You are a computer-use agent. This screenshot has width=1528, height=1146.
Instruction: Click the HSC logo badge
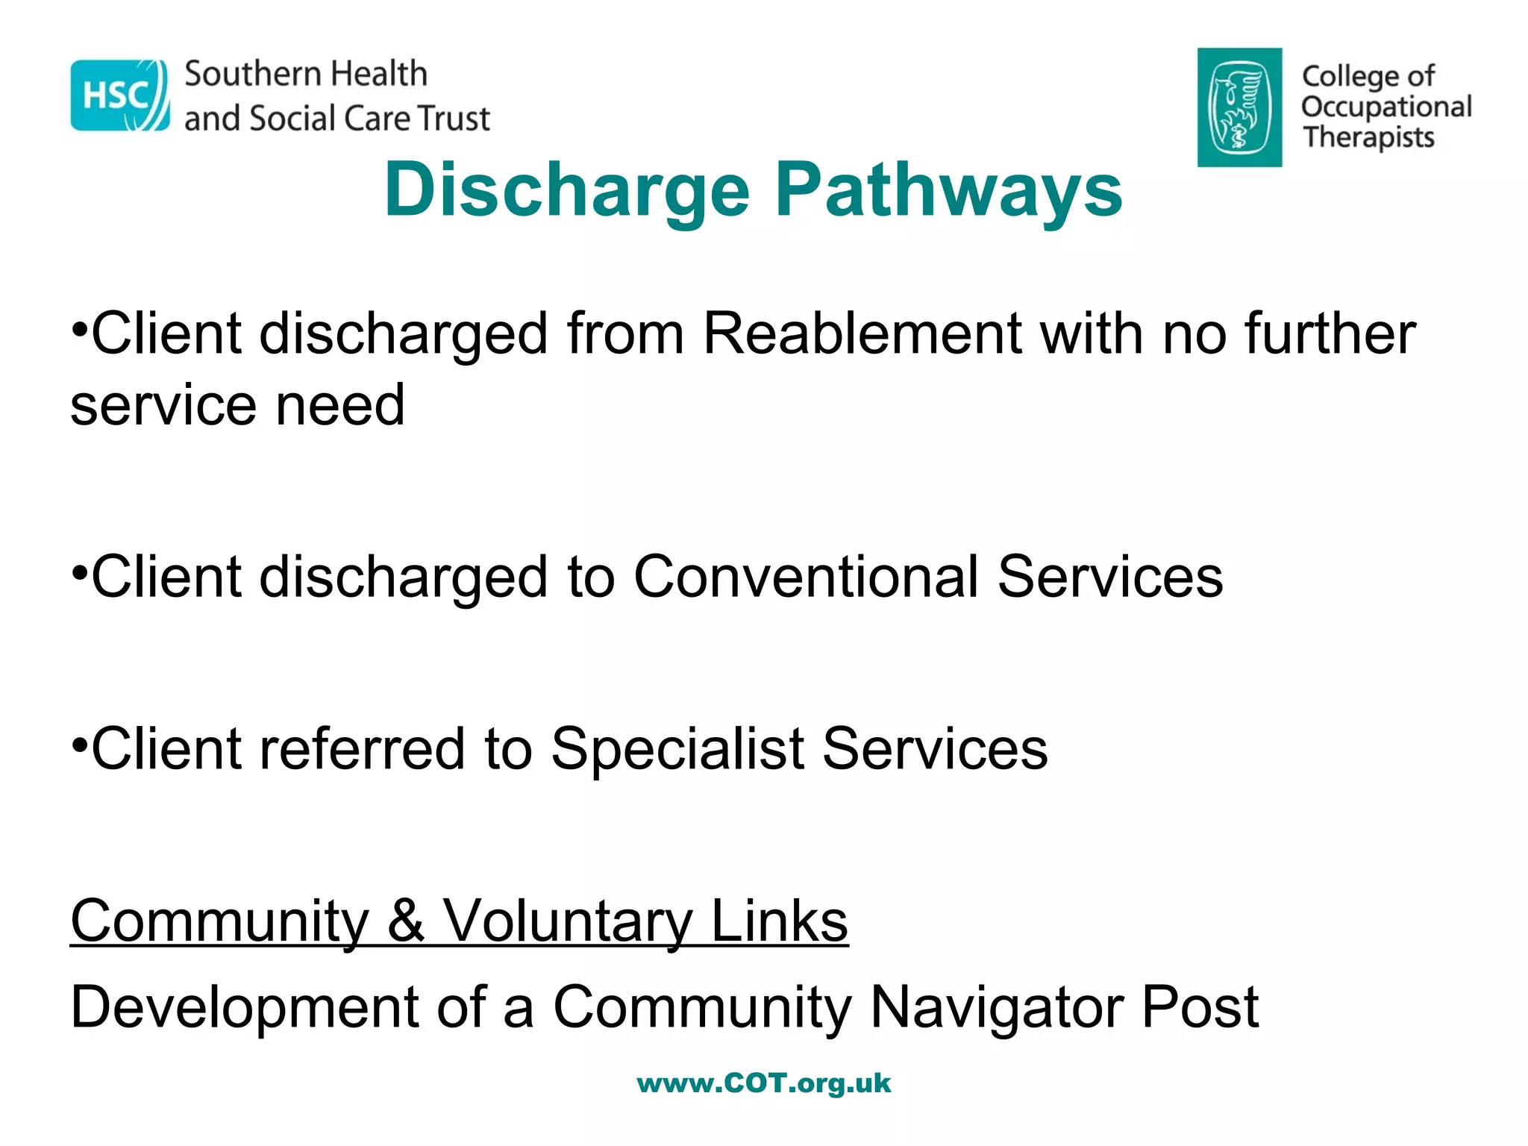point(119,95)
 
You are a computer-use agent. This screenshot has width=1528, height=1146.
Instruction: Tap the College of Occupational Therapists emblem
point(1239,107)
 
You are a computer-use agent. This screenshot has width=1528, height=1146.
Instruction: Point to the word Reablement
point(862,334)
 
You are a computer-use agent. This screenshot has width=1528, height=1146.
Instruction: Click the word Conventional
point(806,577)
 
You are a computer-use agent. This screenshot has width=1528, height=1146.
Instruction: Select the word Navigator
point(996,1007)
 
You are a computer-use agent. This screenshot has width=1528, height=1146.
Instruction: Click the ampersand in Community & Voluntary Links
point(406,921)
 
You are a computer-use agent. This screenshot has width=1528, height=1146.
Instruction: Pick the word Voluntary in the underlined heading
point(568,921)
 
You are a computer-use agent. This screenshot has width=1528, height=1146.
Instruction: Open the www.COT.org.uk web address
point(764,1083)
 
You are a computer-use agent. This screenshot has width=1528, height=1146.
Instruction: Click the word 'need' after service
point(340,405)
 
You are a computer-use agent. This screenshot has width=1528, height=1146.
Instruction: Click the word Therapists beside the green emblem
point(1368,138)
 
